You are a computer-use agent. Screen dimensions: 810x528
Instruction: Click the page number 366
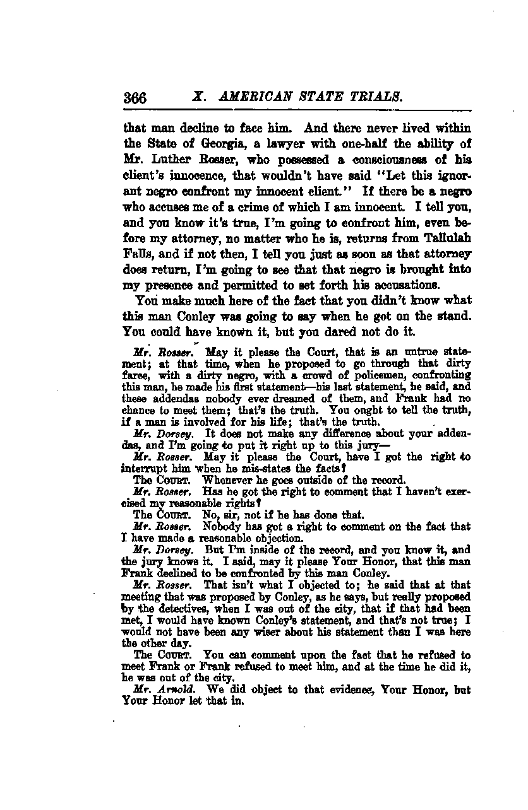[135, 98]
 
